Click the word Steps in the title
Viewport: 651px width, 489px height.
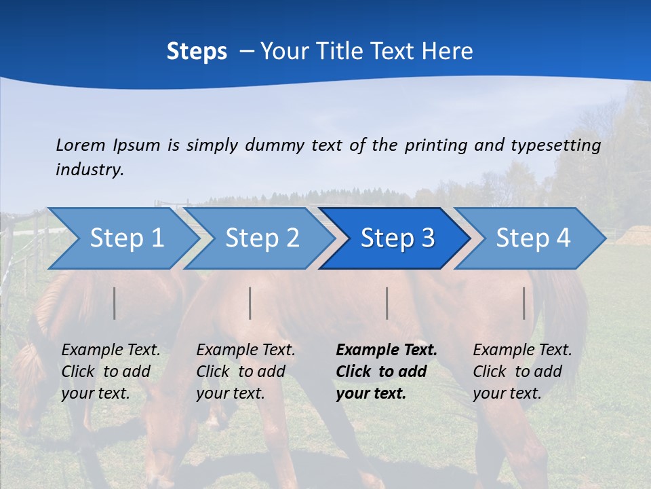point(197,52)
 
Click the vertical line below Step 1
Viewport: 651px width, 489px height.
point(115,303)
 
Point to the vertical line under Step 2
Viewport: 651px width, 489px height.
point(250,303)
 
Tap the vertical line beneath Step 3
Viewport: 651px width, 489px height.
point(387,303)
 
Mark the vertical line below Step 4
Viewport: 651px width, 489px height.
point(524,303)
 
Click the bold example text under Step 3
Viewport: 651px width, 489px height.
point(387,372)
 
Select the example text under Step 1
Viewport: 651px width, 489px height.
point(111,372)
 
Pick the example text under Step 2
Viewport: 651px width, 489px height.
point(245,372)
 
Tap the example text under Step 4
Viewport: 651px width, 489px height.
point(522,372)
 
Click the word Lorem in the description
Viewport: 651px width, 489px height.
point(81,145)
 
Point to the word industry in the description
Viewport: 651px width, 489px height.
point(90,170)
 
